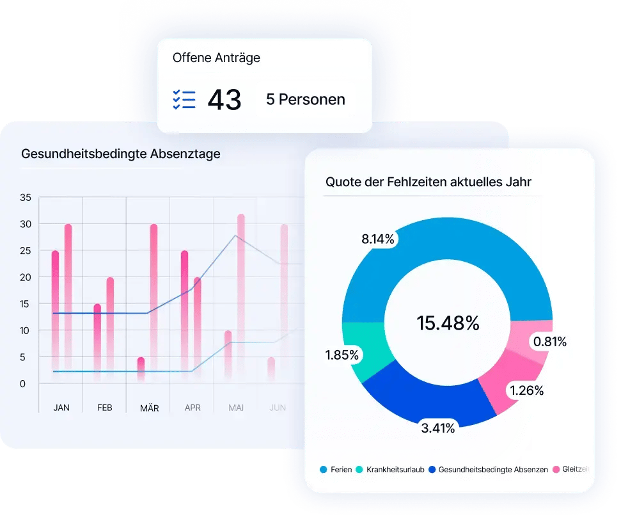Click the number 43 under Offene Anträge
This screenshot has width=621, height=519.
(224, 100)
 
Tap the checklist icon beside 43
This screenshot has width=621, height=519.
(184, 100)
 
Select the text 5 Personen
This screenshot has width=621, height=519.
(306, 100)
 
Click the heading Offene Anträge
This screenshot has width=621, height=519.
(216, 58)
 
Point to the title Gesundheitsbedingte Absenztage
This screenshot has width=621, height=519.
(121, 154)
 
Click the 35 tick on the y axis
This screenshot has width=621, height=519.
(26, 197)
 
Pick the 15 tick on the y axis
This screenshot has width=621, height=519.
(26, 304)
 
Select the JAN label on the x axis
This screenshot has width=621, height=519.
(61, 407)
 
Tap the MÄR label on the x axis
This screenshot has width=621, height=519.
(149, 407)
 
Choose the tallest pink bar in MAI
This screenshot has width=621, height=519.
(241, 294)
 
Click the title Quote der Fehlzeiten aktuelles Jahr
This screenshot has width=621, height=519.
(428, 182)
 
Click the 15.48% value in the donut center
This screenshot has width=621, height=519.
(448, 323)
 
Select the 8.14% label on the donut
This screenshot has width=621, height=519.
(378, 239)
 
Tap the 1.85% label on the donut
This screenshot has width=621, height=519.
(342, 355)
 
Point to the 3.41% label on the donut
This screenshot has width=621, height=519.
(437, 428)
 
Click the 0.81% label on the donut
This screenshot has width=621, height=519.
(549, 342)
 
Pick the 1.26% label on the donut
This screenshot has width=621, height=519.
(526, 390)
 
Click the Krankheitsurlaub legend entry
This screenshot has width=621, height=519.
(390, 470)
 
